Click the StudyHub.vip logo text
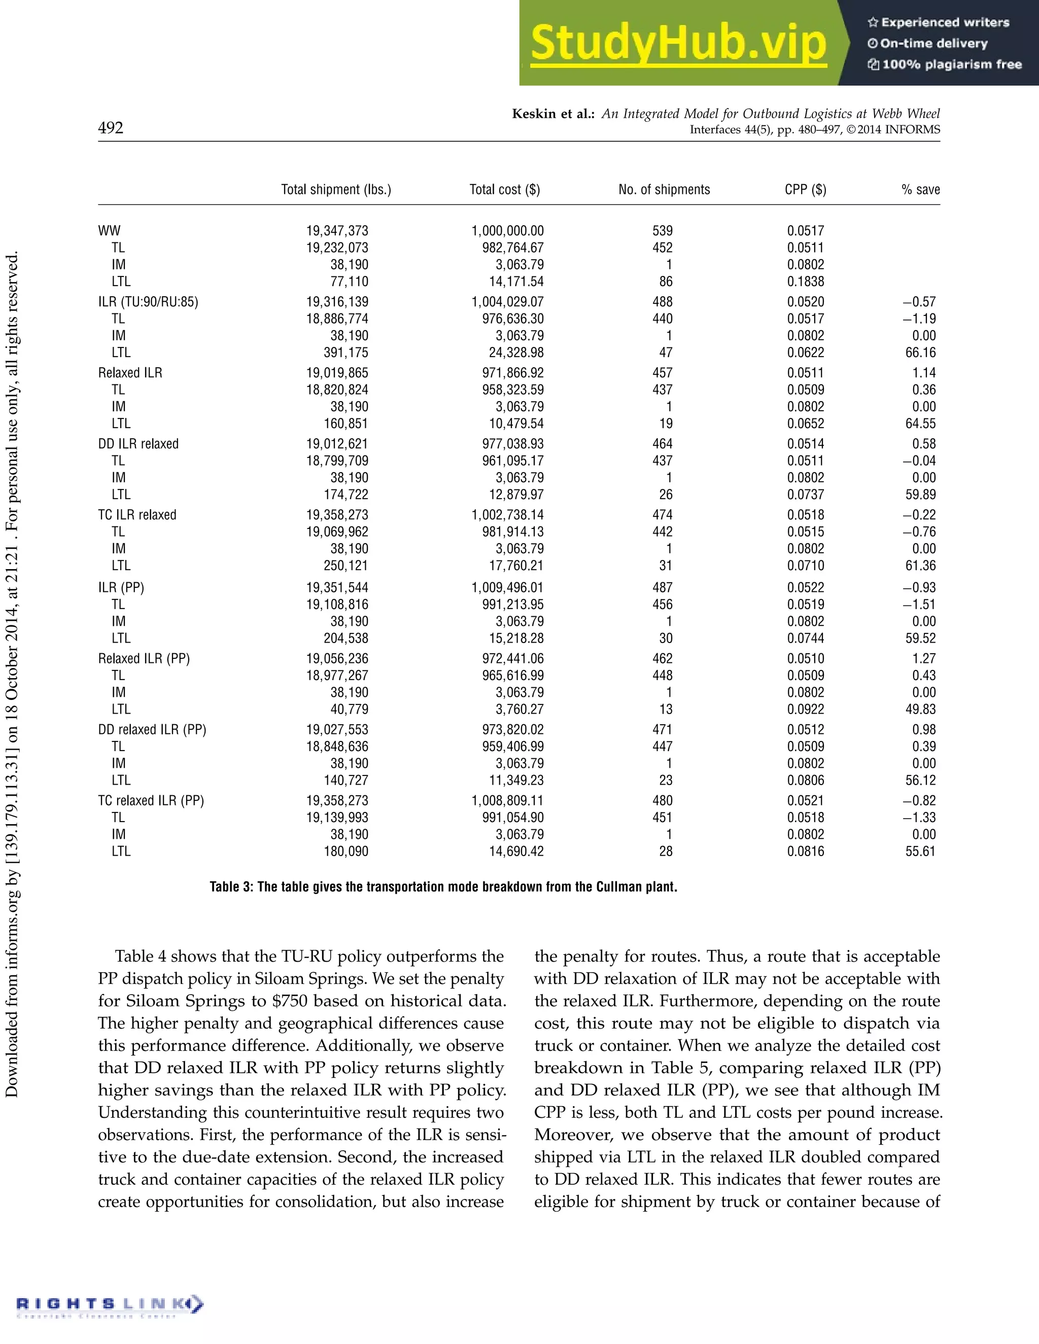(678, 43)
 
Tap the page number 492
(111, 127)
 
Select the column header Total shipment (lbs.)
(336, 190)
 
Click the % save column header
(920, 190)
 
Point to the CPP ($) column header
(805, 190)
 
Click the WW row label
(109, 231)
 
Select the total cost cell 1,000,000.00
(507, 231)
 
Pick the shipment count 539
(662, 231)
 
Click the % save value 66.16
(920, 352)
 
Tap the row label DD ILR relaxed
(138, 444)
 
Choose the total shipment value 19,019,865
(337, 373)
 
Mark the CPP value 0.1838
(805, 281)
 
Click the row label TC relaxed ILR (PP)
(151, 801)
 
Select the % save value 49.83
(920, 710)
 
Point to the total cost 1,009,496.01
(507, 588)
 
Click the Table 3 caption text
(443, 887)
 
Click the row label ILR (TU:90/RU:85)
(148, 302)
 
